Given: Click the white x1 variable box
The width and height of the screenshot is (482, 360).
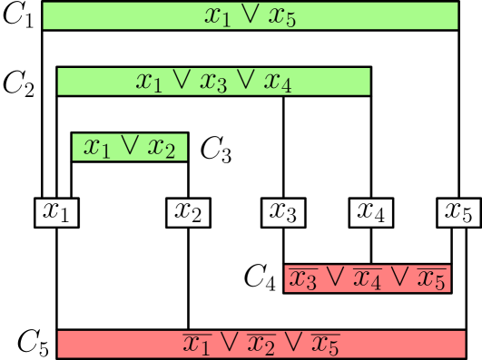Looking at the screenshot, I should click(56, 213).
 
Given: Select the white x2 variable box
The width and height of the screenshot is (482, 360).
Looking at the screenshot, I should click(189, 213).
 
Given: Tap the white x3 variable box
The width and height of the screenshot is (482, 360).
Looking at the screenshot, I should click(284, 213).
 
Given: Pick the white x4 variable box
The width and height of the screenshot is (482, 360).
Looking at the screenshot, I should click(371, 213).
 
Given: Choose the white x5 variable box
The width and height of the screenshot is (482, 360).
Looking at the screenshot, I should click(458, 213).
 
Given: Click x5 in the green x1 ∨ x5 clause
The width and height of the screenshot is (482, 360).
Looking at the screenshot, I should click(282, 16).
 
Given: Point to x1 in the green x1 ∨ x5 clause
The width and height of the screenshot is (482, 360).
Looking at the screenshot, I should click(219, 16).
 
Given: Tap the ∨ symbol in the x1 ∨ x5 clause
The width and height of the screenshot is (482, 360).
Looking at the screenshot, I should click(251, 15).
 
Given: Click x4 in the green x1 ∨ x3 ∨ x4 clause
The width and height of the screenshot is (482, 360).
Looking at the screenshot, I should click(277, 82).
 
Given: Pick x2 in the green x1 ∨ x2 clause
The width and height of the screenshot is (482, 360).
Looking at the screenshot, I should click(161, 147).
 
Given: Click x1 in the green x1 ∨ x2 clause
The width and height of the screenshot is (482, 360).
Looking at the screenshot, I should click(97, 147).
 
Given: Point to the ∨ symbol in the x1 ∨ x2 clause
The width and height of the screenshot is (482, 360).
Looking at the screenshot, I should click(129, 146).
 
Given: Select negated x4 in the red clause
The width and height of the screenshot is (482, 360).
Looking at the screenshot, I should click(368, 279).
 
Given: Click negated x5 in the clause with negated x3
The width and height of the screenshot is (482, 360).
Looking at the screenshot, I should click(431, 279).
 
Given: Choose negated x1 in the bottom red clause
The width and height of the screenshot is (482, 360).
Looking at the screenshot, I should click(197, 345).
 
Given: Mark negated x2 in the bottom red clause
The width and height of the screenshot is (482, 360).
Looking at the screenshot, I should click(261, 345).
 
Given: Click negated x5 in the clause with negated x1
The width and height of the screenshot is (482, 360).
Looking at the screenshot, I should click(324, 345).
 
